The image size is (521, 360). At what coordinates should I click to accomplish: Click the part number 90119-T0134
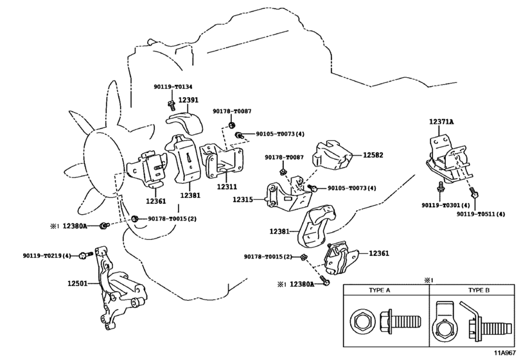(173, 87)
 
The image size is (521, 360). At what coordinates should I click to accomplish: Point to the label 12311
(227, 187)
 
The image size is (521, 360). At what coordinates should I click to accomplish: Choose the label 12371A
(442, 122)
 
